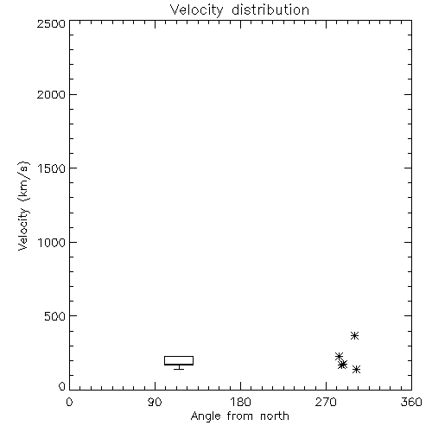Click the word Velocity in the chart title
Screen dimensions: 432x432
196,10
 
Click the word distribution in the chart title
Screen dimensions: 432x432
270,10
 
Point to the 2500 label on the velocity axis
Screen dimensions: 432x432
51,23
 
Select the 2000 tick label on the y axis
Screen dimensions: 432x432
51,94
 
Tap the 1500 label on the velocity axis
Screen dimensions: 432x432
52,168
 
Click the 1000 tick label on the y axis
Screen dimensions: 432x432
52,243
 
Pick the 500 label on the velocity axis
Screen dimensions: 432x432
55,316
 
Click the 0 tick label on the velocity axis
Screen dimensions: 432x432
62,386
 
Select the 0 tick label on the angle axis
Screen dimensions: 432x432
69,402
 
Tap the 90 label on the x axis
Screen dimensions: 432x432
155,402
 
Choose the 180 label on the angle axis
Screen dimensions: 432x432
240,402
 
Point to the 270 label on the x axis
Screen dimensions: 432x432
326,402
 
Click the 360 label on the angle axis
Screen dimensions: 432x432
411,402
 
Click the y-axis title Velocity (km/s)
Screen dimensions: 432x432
23,206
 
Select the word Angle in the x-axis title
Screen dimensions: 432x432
206,416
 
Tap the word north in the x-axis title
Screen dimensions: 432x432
275,416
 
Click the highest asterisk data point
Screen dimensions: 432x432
354,335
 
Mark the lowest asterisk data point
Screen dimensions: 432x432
356,370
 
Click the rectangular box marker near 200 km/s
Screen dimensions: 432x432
179,357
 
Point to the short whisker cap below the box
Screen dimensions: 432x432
179,369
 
